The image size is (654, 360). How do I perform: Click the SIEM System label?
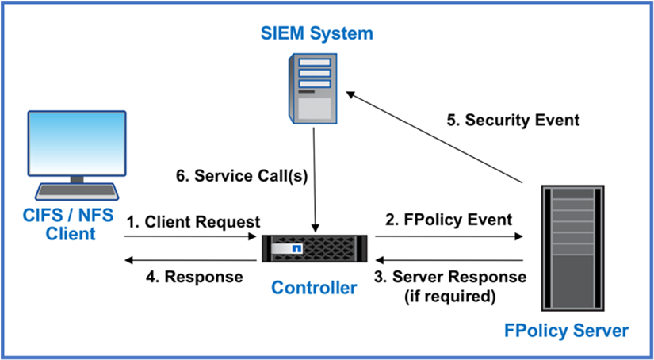pyautogui.click(x=316, y=33)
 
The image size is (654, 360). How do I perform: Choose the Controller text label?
pyautogui.click(x=314, y=288)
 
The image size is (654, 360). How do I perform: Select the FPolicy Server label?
pyautogui.click(x=566, y=331)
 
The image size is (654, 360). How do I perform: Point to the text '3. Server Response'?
pyautogui.click(x=449, y=277)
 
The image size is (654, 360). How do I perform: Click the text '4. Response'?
pyautogui.click(x=193, y=277)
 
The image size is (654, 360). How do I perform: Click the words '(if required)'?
pyautogui.click(x=449, y=297)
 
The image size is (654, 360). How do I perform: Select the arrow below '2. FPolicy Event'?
pyautogui.click(x=449, y=236)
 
